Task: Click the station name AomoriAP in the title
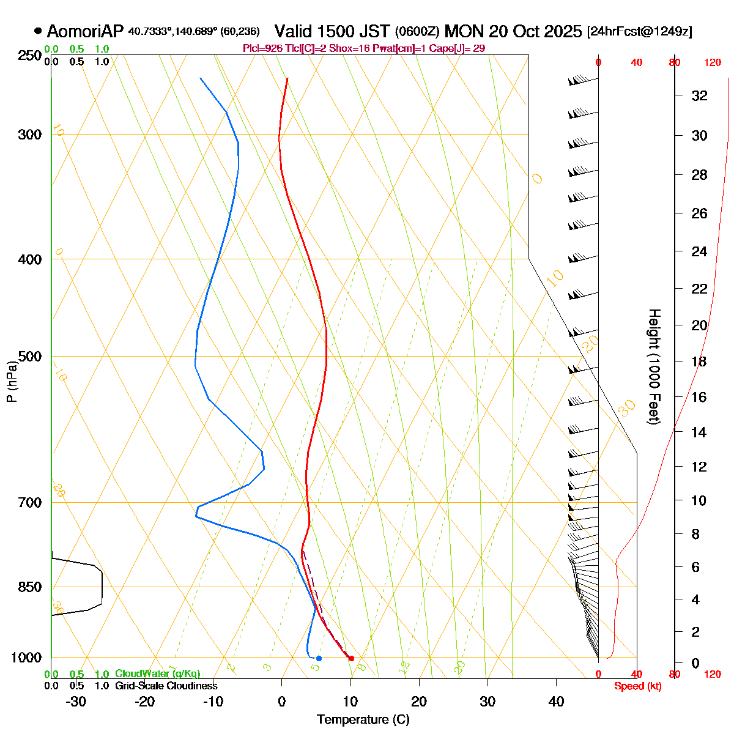(85, 31)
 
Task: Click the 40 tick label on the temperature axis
(556, 702)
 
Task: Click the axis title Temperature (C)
(363, 719)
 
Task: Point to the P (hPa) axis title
(12, 381)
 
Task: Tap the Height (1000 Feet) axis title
(654, 367)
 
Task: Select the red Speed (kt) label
(638, 686)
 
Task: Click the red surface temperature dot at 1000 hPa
(351, 658)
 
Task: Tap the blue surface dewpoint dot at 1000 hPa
(319, 658)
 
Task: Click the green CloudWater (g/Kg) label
(157, 674)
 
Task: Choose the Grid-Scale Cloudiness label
(166, 686)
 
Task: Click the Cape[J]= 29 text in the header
(458, 49)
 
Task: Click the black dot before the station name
(38, 31)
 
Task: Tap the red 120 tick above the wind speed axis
(712, 62)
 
